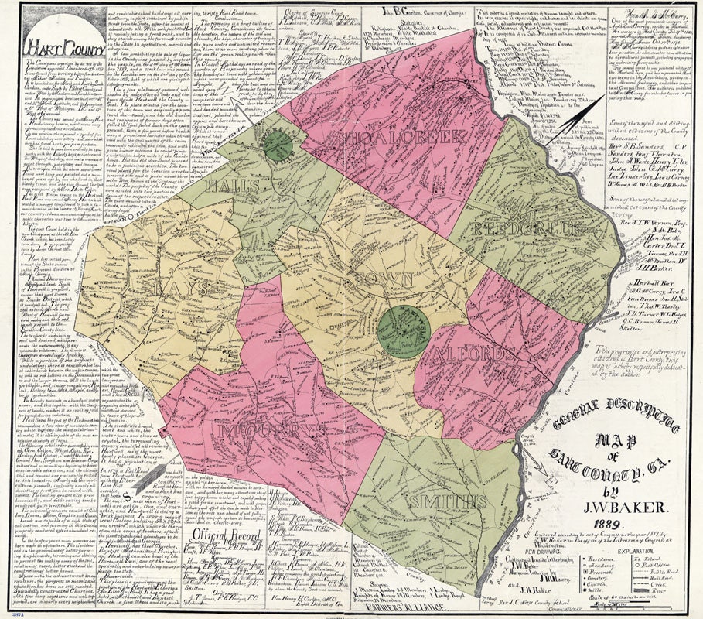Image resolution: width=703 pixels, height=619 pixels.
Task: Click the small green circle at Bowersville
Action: point(276,145)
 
